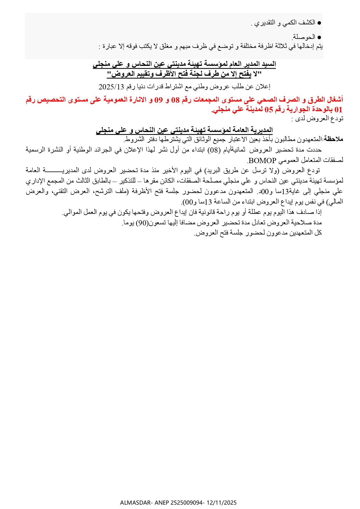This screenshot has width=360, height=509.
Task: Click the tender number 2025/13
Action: pos(111,86)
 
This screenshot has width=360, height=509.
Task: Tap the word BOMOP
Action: pos(262,160)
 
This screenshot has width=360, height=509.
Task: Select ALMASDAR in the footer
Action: pos(135,503)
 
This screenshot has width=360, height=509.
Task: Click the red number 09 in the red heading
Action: pos(158,100)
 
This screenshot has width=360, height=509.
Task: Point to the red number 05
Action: pos(269,109)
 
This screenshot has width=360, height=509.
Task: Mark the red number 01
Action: pos(339,109)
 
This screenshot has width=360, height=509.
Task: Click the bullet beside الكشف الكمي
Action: pos(319,22)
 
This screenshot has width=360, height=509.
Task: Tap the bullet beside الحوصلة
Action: pos(319,37)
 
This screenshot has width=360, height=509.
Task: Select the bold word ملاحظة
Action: pos(334,139)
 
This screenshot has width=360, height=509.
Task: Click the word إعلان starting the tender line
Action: pos(264,86)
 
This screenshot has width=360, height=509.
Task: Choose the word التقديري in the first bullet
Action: pos(264,23)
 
